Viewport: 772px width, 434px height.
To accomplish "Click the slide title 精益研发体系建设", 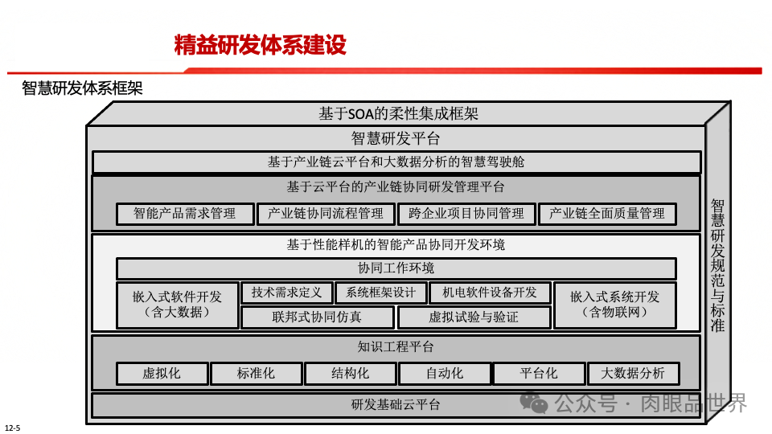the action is click(x=260, y=45).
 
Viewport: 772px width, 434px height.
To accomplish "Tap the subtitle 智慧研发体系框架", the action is click(x=82, y=88).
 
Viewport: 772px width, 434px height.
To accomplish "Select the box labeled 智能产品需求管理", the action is click(x=184, y=214).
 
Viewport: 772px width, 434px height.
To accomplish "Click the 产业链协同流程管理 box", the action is click(x=326, y=214).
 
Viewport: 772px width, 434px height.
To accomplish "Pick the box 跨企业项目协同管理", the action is click(x=466, y=214).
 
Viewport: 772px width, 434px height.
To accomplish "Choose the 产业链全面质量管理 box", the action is click(x=607, y=214).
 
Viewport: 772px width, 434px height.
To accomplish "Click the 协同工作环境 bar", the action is click(x=396, y=268).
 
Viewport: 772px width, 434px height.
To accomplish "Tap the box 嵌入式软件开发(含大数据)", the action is click(x=177, y=305).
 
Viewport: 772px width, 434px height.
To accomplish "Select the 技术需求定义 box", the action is click(x=286, y=293).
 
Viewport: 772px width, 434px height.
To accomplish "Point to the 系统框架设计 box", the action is click(x=376, y=293).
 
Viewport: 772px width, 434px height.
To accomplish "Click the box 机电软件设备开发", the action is click(x=490, y=293).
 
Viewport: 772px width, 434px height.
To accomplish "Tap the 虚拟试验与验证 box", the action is click(x=474, y=317).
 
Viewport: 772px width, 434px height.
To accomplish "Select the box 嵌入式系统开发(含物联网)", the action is click(x=614, y=305).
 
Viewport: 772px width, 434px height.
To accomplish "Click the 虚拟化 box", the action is click(x=162, y=374).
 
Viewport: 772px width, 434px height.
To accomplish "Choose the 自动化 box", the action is click(x=444, y=374).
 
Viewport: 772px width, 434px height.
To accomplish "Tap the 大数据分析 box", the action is click(x=632, y=374).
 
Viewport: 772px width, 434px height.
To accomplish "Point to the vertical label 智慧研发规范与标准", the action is click(x=717, y=265).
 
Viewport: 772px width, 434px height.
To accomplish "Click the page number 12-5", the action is click(x=12, y=427).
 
